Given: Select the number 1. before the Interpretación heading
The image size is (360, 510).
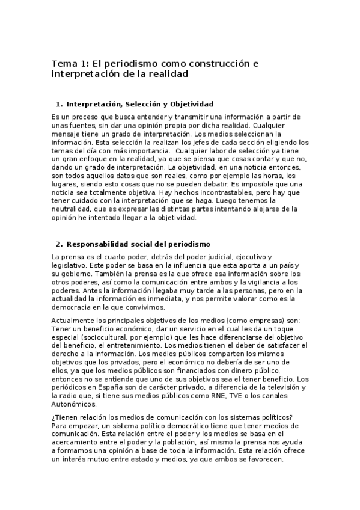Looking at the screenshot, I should pyautogui.click(x=59, y=104).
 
